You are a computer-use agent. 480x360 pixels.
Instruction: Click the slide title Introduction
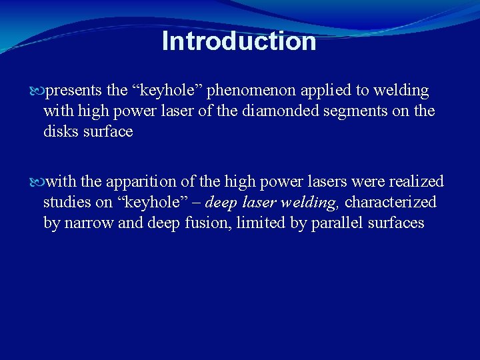point(239,41)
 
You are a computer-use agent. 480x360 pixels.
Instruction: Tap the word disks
point(61,131)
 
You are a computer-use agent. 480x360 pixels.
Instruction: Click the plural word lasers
point(313,181)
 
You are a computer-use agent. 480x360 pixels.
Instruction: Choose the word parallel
point(325,223)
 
